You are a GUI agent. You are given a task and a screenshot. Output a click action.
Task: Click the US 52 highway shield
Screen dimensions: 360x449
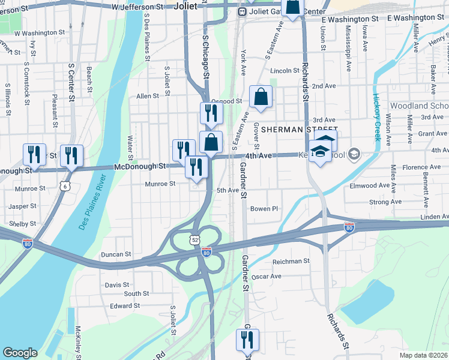point(196,239)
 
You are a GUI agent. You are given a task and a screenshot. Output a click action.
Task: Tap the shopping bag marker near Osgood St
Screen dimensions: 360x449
point(261,97)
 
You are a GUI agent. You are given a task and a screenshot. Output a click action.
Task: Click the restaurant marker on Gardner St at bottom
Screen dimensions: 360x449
point(247,340)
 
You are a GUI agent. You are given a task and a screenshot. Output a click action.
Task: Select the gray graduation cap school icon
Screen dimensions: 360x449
point(354,154)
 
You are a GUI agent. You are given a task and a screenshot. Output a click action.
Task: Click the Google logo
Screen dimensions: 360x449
point(20,352)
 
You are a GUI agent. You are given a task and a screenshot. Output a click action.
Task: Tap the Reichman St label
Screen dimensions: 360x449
point(291,261)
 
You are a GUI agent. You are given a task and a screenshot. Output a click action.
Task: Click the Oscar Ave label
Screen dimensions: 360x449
point(267,277)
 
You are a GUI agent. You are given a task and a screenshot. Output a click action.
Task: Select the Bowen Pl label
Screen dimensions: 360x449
point(265,209)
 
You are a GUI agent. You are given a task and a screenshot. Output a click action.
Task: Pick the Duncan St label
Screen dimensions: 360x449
point(116,254)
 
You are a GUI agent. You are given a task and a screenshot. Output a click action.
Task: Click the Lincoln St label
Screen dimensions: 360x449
point(285,71)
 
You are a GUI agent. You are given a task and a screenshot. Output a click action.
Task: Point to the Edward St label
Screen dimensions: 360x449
point(125,305)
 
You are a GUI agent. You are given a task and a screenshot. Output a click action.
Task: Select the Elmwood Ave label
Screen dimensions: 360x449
point(370,186)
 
